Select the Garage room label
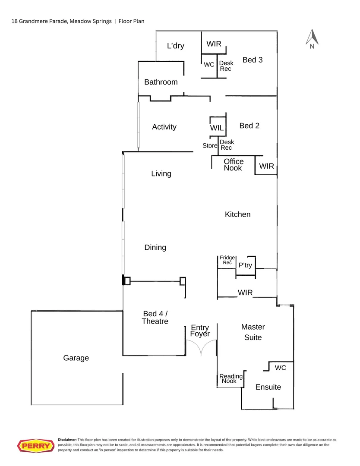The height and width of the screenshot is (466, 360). [x=76, y=358]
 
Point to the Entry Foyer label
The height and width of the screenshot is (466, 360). [x=200, y=331]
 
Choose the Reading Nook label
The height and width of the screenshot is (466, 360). [x=231, y=379]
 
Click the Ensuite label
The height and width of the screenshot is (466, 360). [x=268, y=387]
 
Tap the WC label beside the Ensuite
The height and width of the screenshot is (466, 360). [x=280, y=368]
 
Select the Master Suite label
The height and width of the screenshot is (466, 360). [x=253, y=332]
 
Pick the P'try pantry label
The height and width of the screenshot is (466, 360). [x=245, y=265]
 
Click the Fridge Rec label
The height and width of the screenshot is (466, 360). [x=227, y=260]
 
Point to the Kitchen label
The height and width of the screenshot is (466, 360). [x=237, y=214]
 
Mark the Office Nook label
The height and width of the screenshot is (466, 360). [x=233, y=165]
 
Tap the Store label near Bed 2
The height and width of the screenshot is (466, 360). [x=210, y=146]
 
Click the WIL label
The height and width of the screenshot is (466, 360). [x=217, y=128]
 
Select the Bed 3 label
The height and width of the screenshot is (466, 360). [x=253, y=60]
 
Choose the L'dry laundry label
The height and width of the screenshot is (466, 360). [x=176, y=46]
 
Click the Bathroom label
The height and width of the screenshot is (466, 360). [x=161, y=82]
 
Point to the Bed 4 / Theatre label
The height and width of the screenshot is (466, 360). [x=155, y=318]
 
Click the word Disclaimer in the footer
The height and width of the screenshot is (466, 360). [x=67, y=439]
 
